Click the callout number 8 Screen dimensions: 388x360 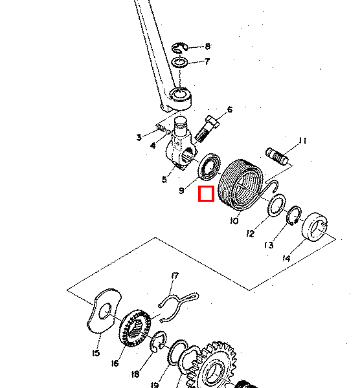coord(207,47)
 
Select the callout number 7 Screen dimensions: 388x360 coord(207,62)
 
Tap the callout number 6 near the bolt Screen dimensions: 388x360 coord(229,110)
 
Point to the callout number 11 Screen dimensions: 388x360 coord(302,141)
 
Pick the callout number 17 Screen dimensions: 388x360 coord(174,277)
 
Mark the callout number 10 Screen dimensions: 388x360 coord(234,221)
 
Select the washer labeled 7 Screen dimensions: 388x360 coord(181,63)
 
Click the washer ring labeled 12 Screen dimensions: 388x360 coord(275,206)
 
